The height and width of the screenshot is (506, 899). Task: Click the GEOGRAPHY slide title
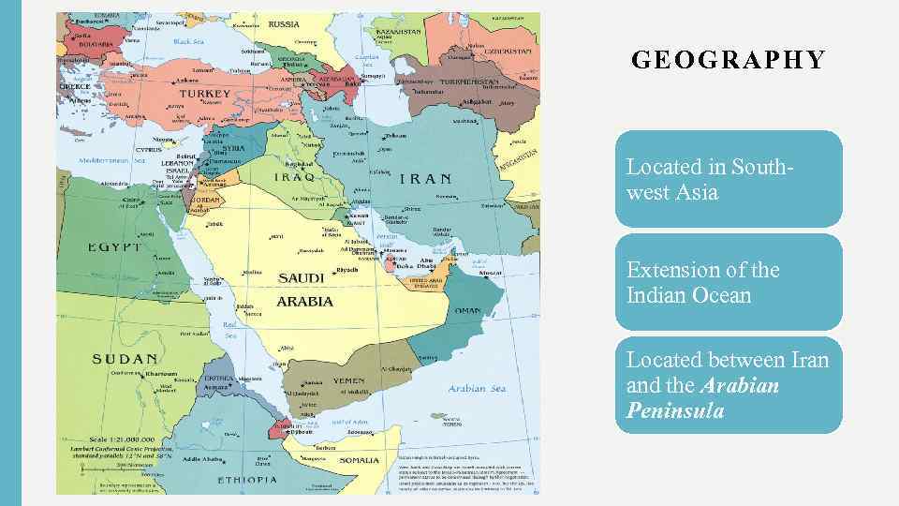click(x=729, y=61)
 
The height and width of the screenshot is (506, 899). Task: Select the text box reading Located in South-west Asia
click(x=729, y=179)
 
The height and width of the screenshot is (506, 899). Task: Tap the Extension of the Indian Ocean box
click(x=729, y=282)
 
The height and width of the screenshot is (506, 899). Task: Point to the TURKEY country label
click(x=204, y=94)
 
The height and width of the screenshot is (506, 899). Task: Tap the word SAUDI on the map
click(x=301, y=278)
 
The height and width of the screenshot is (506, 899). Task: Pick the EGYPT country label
click(x=114, y=247)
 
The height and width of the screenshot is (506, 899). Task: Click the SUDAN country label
click(x=125, y=359)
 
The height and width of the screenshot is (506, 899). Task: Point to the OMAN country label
click(x=467, y=311)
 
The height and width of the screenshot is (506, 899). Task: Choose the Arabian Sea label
click(x=477, y=388)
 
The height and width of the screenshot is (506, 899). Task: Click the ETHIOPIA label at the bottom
click(x=247, y=479)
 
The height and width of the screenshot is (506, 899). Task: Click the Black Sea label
click(x=188, y=41)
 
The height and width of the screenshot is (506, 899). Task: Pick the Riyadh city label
click(x=346, y=270)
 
